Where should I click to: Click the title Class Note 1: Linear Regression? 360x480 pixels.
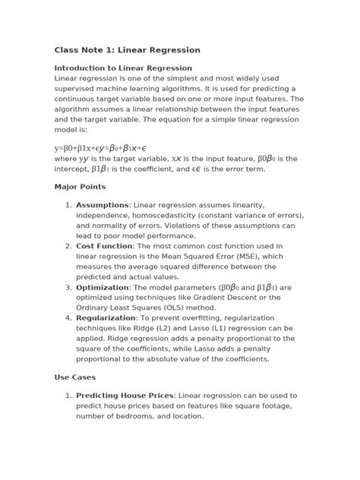(x=127, y=50)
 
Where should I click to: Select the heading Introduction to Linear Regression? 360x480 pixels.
(x=123, y=68)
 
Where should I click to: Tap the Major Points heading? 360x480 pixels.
(x=80, y=186)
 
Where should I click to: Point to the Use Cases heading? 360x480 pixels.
(x=74, y=377)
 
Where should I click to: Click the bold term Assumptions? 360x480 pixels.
(x=103, y=205)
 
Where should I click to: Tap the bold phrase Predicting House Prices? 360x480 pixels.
(x=125, y=396)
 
